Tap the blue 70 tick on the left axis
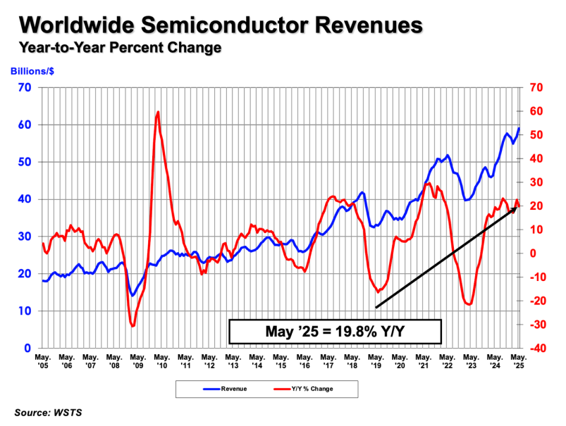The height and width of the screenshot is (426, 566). pos(26,87)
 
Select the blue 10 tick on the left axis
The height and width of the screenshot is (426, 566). pos(26,311)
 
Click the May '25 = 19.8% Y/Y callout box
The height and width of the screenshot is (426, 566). pos(335,330)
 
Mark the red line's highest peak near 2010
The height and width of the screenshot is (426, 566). pos(157,112)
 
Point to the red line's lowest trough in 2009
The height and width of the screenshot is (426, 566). pos(132,325)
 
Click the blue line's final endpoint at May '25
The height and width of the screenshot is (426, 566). pos(519,128)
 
